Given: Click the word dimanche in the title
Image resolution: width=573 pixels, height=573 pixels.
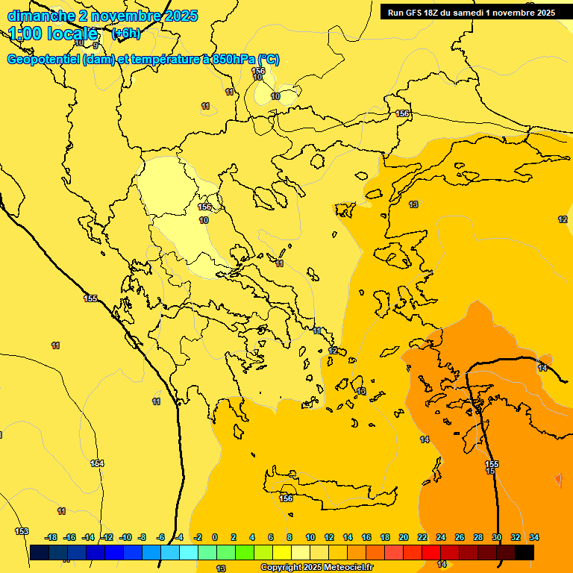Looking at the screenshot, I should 41,16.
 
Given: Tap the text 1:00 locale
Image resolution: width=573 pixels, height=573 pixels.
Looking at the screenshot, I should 53,34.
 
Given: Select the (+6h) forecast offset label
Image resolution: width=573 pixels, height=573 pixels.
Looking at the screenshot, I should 125,34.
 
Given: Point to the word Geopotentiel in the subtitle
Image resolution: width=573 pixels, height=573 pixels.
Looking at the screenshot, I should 44,60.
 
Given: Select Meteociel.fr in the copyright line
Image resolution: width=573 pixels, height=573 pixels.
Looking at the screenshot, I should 347,568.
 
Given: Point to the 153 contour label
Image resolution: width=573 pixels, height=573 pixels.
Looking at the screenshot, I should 22,531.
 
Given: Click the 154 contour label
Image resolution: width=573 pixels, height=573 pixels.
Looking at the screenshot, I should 97,463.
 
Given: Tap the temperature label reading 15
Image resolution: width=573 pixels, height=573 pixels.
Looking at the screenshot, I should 490,472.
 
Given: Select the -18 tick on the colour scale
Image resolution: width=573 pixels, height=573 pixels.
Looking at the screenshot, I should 51,537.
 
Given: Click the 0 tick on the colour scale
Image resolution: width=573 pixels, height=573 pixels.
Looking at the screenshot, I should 214,537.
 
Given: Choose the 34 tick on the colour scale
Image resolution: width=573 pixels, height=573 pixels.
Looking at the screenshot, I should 534,537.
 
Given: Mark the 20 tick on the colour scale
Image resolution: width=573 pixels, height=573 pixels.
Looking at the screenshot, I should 404,537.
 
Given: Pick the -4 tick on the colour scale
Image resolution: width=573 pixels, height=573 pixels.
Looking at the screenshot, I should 179,537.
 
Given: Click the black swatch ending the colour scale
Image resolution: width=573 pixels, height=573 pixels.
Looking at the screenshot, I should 525,552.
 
